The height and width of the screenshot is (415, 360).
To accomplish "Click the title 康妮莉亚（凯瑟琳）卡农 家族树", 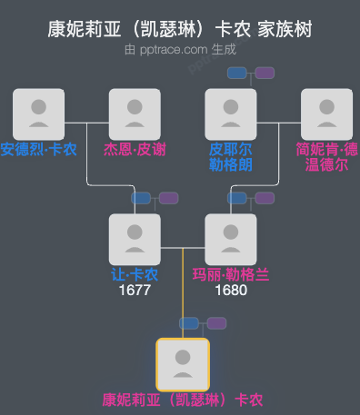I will click(x=180, y=29).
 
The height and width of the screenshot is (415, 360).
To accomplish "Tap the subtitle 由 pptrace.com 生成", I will click(x=180, y=52).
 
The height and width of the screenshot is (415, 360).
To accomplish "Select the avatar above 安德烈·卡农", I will click(x=38, y=114).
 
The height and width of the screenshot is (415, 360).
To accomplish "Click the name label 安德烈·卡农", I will click(x=38, y=149).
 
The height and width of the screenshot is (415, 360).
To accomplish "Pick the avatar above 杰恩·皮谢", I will click(x=135, y=114).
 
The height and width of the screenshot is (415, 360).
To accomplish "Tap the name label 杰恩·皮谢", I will click(x=135, y=149).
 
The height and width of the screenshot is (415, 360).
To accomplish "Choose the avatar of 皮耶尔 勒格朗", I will click(x=231, y=114).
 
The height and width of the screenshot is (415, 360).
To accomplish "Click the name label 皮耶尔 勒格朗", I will click(x=231, y=156).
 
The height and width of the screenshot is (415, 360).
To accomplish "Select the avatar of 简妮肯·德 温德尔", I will click(x=327, y=114).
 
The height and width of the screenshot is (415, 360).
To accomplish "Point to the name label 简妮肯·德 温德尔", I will click(x=327, y=156).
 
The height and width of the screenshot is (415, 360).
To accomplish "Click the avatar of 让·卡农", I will click(x=135, y=239).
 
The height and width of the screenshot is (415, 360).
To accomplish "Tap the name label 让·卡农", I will click(x=135, y=274).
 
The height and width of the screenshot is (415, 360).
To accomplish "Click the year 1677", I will click(x=135, y=291).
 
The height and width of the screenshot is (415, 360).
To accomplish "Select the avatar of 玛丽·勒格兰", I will click(x=231, y=239).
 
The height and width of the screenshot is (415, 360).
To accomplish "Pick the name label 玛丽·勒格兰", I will click(x=231, y=274).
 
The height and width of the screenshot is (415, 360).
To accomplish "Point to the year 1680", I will click(x=231, y=291).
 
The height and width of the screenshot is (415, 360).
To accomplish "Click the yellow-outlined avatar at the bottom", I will click(x=183, y=364).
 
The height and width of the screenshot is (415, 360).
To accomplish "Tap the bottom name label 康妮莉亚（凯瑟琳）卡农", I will click(x=183, y=400).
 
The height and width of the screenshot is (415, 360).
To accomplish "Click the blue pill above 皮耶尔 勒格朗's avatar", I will click(x=238, y=73).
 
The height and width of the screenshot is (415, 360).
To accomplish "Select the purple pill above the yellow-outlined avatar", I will click(x=216, y=322).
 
